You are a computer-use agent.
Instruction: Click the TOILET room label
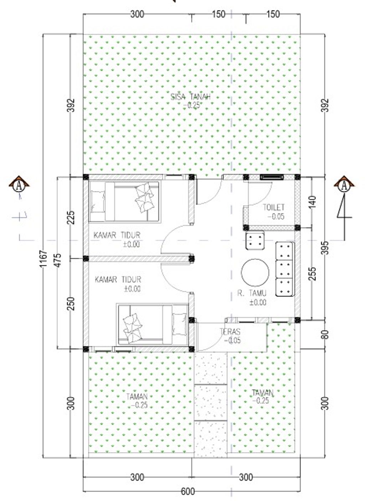(273, 207)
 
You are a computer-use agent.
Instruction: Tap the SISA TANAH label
(191, 97)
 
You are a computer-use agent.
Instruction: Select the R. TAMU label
(252, 293)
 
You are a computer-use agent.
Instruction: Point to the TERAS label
(230, 331)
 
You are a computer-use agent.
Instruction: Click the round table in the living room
(255, 273)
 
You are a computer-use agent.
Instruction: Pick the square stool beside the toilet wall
(255, 240)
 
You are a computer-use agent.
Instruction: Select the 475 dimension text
(57, 260)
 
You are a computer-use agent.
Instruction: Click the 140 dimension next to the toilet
(313, 202)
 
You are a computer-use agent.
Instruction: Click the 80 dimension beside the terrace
(326, 335)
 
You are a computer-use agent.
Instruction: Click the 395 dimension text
(326, 248)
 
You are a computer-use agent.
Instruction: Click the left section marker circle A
(19, 186)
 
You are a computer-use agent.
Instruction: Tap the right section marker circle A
(344, 186)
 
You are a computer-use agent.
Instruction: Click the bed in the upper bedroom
(125, 202)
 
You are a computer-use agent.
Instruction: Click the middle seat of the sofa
(284, 269)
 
